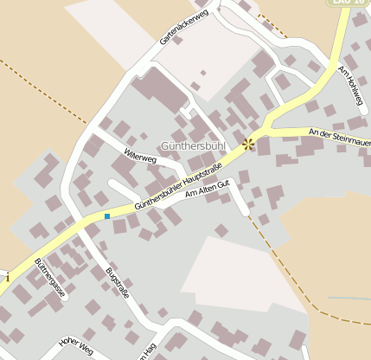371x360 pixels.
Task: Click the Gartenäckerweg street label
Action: (x=184, y=29)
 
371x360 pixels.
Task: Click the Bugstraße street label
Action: (x=117, y=283)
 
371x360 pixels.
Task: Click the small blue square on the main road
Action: (x=107, y=215)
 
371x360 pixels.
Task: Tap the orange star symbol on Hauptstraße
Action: (x=249, y=143)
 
